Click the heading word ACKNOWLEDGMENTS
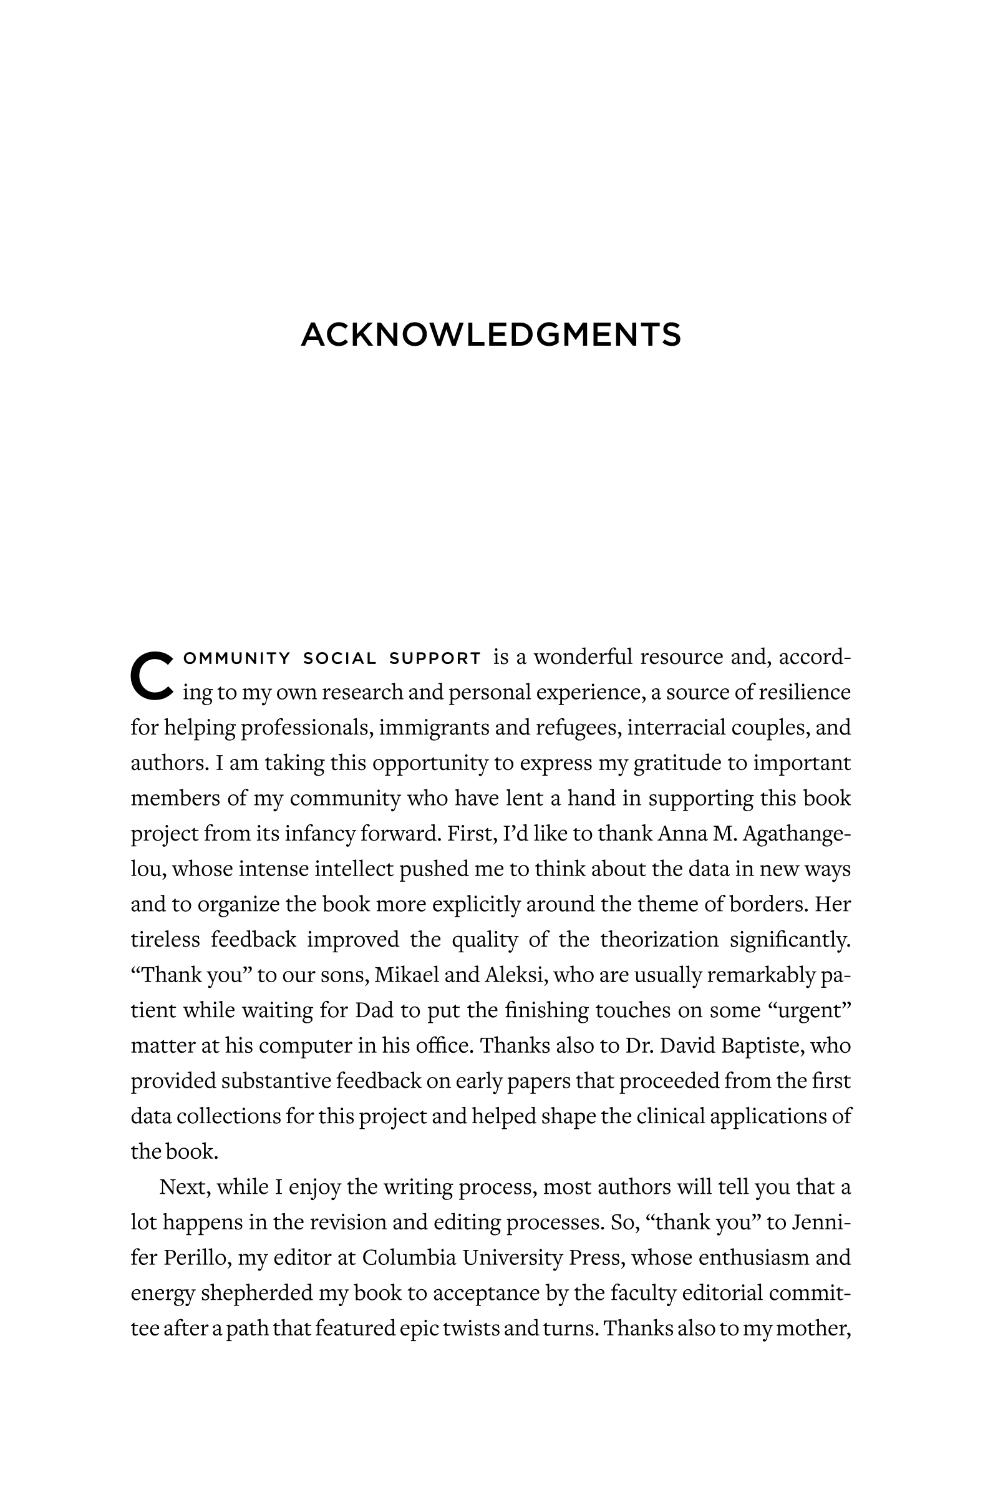point(491,334)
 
